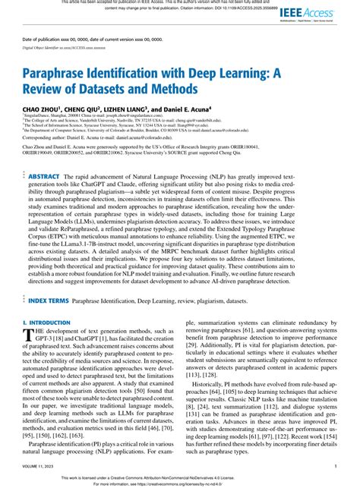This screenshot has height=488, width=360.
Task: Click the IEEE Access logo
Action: click(x=308, y=13)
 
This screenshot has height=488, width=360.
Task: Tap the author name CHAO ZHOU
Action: click(x=40, y=110)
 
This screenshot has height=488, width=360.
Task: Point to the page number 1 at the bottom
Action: click(x=335, y=466)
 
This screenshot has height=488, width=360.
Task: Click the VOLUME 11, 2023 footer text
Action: click(x=42, y=466)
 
